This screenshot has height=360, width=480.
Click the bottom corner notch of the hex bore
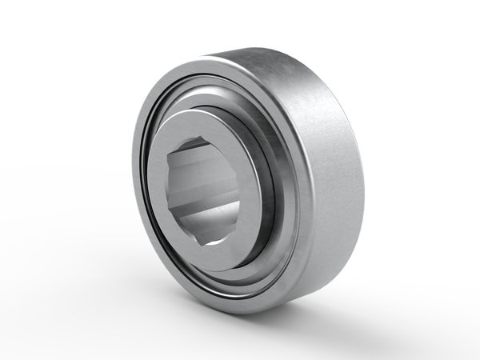pos(210,241)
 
